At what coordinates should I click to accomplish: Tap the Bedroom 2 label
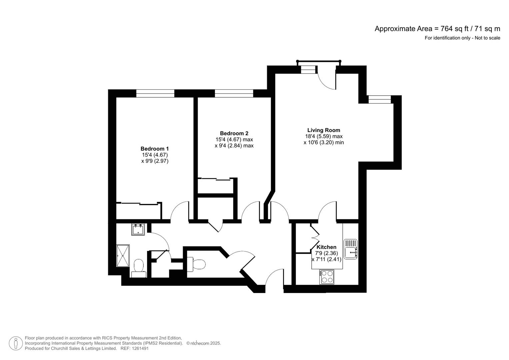tap(234, 133)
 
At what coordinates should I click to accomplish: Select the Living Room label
tap(323, 130)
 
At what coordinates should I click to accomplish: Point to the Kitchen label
tap(326, 247)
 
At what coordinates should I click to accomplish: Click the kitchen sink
tap(350, 249)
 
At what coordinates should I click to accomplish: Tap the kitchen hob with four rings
tap(327, 277)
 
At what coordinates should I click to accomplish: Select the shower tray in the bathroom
tap(123, 256)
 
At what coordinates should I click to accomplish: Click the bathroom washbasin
tap(138, 229)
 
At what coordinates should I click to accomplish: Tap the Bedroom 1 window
tap(155, 93)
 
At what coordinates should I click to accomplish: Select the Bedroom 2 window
tap(234, 93)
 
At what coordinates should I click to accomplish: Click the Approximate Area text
tap(437, 29)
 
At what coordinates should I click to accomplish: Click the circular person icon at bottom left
tap(16, 343)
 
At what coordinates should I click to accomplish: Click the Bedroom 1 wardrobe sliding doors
tap(138, 203)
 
